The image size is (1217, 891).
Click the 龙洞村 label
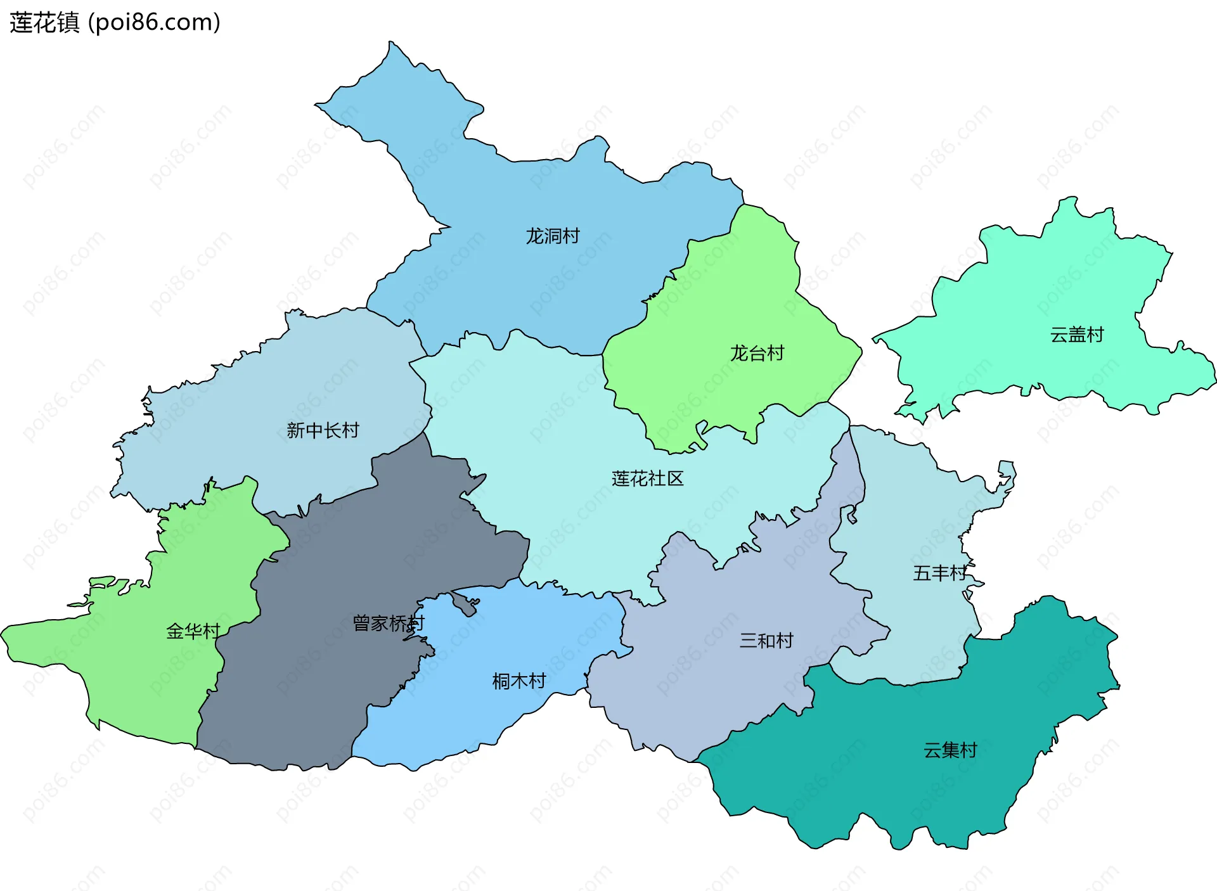pyautogui.click(x=552, y=236)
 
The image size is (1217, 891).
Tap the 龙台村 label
pyautogui.click(x=757, y=353)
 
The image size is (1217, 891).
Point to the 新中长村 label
pyautogui.click(x=323, y=431)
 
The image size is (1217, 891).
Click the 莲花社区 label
pyautogui.click(x=647, y=479)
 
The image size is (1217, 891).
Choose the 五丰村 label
pyautogui.click(x=939, y=574)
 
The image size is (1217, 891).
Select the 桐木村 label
pyautogui.click(x=518, y=681)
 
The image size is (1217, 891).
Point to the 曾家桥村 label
pyautogui.click(x=387, y=624)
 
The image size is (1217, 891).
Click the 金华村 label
pyautogui.click(x=193, y=631)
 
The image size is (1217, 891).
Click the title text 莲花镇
pyautogui.click(x=44, y=23)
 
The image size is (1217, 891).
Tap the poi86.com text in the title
pyautogui.click(x=154, y=23)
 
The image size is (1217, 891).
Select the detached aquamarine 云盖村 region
pyautogui.click(x=1046, y=304)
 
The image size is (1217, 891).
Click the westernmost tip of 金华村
pyautogui.click(x=3, y=632)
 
